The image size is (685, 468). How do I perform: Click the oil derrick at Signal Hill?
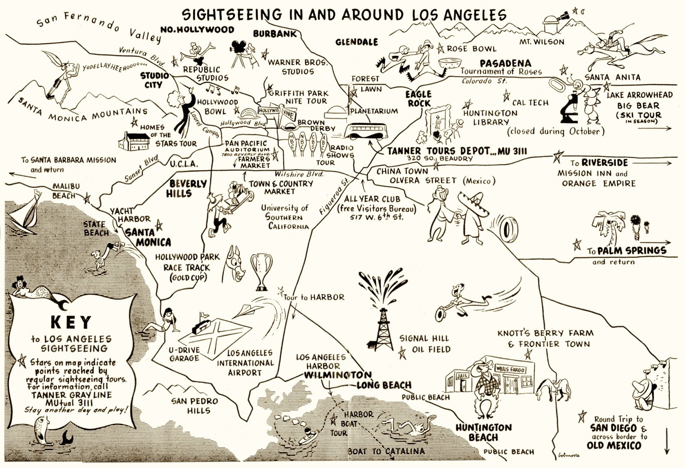click(383, 328)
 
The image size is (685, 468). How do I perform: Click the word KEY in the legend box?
click(71, 322)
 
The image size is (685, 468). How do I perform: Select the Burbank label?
click(274, 33)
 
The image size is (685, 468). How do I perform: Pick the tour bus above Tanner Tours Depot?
click(363, 131)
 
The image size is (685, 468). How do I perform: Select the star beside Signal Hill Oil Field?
click(402, 353)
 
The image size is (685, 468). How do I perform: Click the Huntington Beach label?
click(483, 432)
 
